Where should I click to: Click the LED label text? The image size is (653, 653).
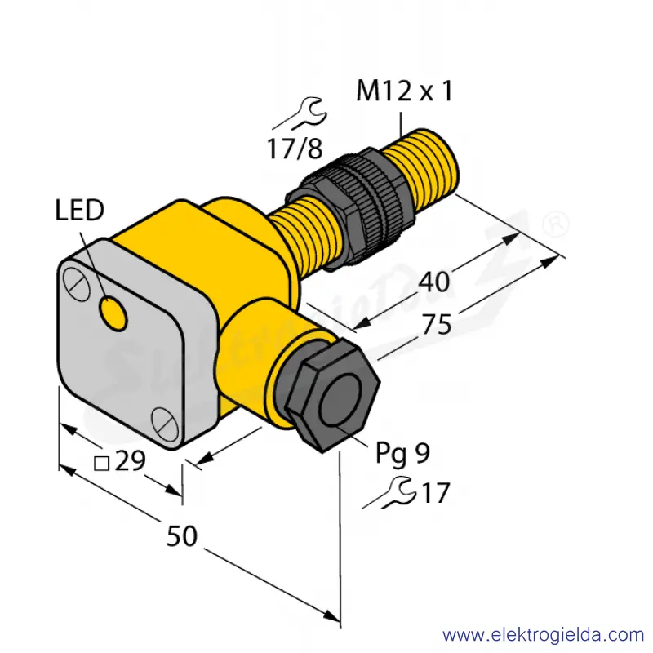(x=79, y=210)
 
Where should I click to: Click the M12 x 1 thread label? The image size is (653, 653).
(x=404, y=91)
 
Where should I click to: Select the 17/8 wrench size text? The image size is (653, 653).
(x=295, y=149)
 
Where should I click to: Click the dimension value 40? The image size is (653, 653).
(x=434, y=282)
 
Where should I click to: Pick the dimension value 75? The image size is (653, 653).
(x=437, y=324)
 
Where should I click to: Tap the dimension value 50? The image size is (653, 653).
(x=181, y=536)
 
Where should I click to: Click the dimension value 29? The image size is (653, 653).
(x=130, y=460)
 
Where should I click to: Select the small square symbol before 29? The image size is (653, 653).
(x=101, y=464)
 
